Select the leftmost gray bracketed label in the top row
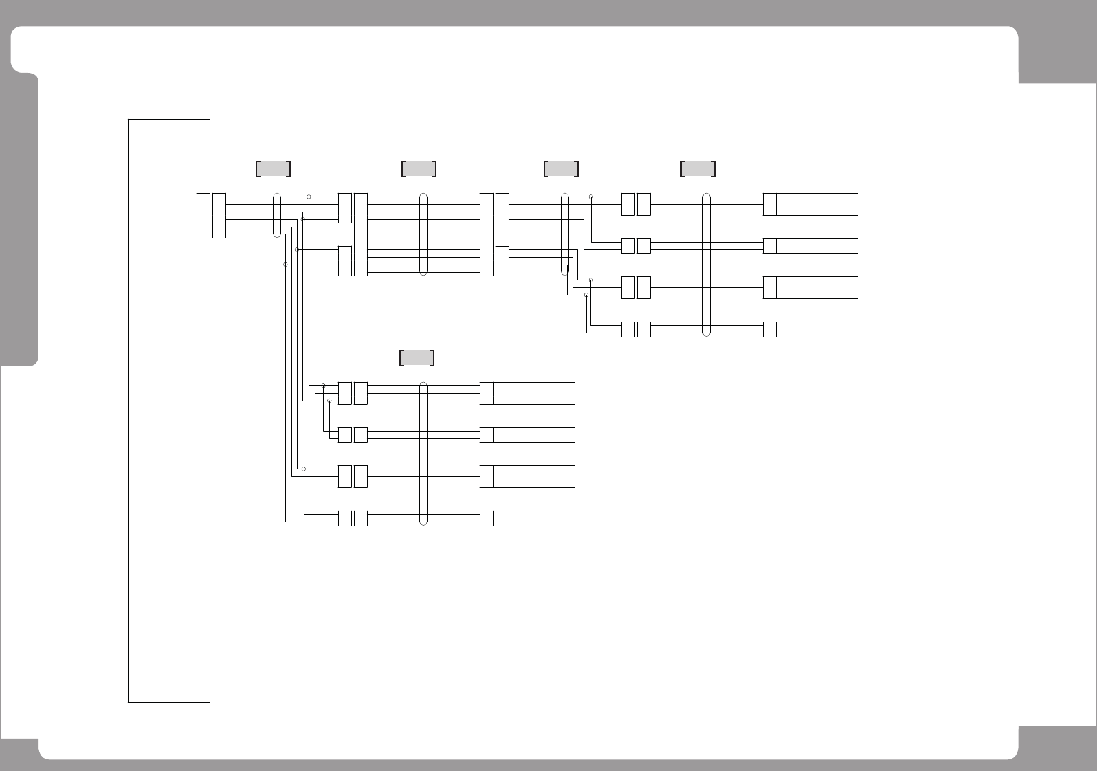[273, 168]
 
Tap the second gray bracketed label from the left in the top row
[419, 168]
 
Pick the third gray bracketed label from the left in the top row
[561, 168]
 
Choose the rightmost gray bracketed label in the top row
[698, 168]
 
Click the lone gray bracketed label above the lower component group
[417, 357]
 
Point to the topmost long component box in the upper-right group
[817, 204]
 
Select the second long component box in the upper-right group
[817, 246]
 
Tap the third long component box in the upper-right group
[817, 287]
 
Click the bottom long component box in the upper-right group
[817, 329]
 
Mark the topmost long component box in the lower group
[533, 393]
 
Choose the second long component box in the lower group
[533, 434]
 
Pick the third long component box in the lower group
[533, 476]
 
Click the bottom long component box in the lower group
[533, 518]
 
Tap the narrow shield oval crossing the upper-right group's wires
[707, 265]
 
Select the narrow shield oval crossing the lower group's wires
[423, 454]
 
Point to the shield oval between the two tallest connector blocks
[423, 234]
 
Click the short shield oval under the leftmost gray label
[277, 215]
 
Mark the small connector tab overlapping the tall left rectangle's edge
[203, 216]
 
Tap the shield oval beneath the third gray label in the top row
[566, 234]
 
